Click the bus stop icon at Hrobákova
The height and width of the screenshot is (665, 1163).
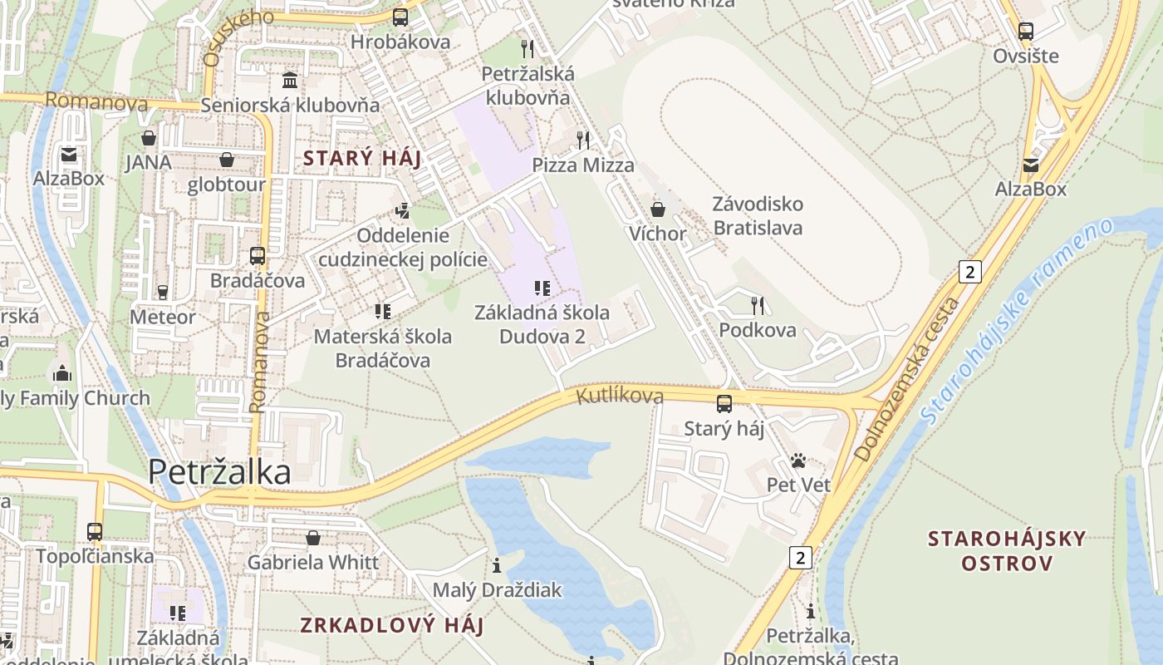(x=400, y=17)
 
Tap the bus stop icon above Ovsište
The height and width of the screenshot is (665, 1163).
(x=1026, y=32)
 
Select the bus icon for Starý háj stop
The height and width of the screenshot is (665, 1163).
(x=724, y=404)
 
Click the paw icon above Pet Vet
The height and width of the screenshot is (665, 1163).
(x=798, y=461)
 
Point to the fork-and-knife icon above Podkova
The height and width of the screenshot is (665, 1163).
(x=757, y=305)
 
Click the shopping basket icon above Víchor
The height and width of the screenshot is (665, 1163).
(x=658, y=209)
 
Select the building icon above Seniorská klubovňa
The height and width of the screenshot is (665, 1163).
(x=290, y=81)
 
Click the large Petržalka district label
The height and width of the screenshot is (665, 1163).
(x=219, y=472)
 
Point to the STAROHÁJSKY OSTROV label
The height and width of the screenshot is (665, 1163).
(x=1007, y=550)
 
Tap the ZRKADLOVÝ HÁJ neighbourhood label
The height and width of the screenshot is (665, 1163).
(x=392, y=625)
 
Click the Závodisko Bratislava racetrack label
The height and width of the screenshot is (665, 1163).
(x=758, y=215)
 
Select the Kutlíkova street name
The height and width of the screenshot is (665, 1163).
(x=620, y=397)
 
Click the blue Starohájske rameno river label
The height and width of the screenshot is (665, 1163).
(x=1018, y=320)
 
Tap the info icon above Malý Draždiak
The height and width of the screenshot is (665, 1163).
(x=497, y=565)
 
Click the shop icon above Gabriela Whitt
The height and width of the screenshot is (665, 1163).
(x=313, y=538)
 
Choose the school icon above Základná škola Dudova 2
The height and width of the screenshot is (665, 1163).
(x=542, y=288)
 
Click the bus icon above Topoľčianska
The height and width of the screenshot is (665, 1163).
(x=95, y=531)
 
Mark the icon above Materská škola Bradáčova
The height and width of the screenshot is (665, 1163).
(x=383, y=312)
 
